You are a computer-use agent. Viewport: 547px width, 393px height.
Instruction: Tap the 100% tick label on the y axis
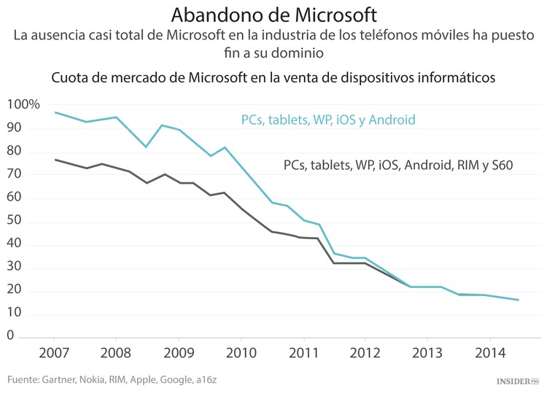(x=23, y=105)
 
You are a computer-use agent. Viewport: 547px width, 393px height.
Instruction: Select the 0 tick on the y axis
(x=11, y=336)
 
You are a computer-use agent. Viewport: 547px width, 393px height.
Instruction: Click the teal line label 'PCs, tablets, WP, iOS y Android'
(x=328, y=120)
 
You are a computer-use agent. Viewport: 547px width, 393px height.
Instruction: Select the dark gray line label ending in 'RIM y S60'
(x=398, y=166)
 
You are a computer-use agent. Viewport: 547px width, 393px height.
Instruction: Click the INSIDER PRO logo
(x=517, y=381)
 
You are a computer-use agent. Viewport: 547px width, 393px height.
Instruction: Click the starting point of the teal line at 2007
(x=55, y=112)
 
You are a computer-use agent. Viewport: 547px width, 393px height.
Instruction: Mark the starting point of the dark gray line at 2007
(x=55, y=160)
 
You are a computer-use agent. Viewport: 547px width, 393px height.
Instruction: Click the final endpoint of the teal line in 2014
(x=519, y=300)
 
